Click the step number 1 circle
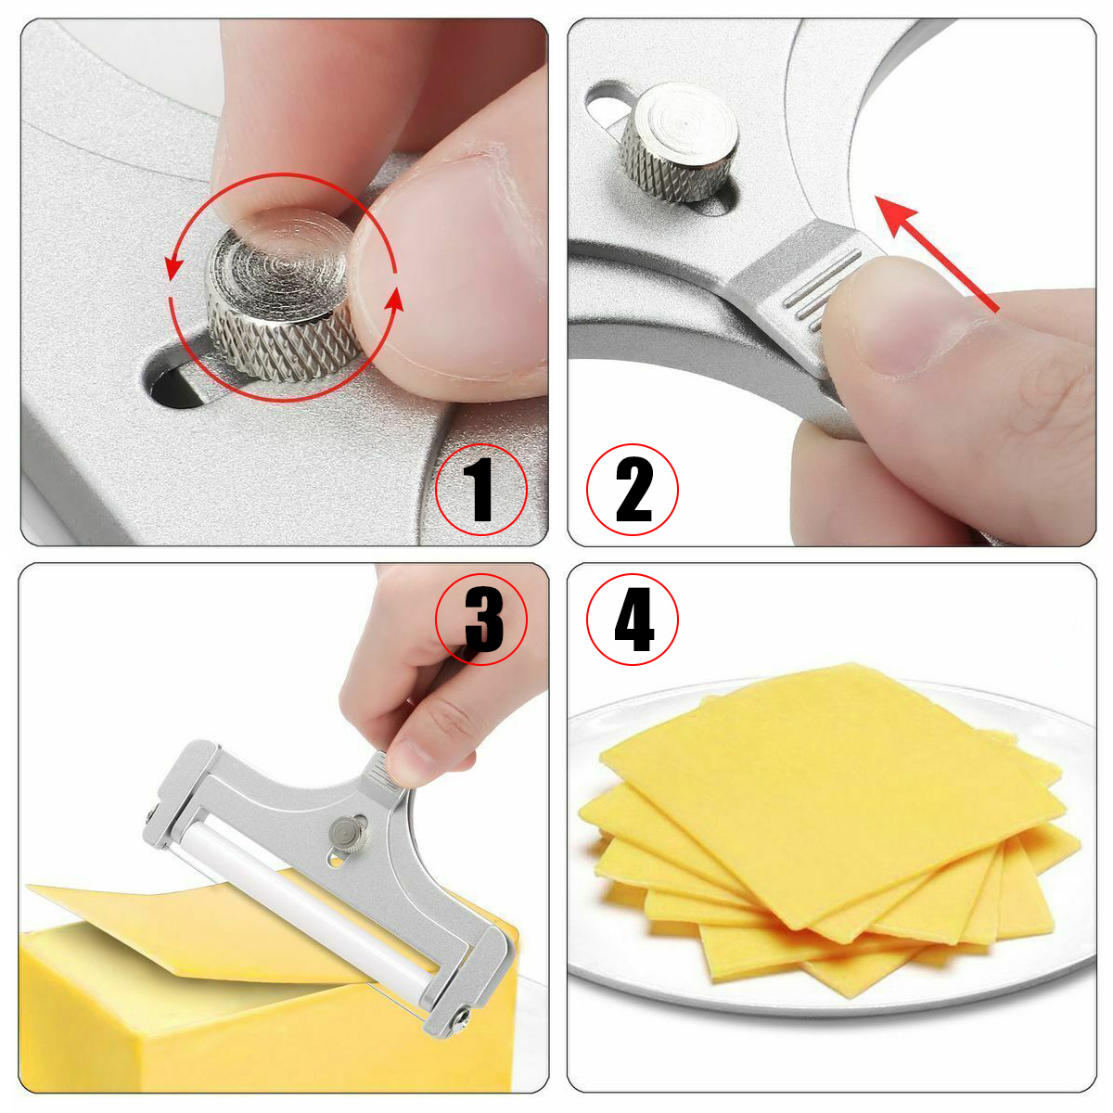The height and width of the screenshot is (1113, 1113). point(480,490)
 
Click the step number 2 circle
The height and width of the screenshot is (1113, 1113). point(633,490)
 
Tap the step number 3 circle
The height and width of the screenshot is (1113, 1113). point(480,620)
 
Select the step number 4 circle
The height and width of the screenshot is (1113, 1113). point(633,620)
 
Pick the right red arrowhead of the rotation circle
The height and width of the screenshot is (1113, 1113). point(394,301)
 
